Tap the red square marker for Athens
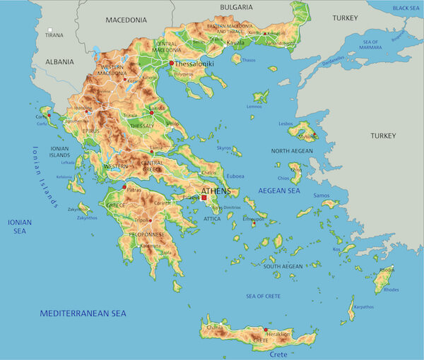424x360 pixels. (x=204, y=198)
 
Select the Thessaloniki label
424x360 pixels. (x=195, y=63)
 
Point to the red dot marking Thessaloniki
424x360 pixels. (x=172, y=63)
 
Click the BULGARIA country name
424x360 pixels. (x=236, y=7)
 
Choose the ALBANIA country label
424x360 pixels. (x=61, y=61)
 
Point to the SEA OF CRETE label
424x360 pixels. (x=264, y=295)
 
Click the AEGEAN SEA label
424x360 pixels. (x=279, y=191)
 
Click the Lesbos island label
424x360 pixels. (x=285, y=124)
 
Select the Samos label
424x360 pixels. (x=322, y=196)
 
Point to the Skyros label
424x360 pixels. (x=223, y=148)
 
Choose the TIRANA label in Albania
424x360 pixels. (x=54, y=35)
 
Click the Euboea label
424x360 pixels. (x=235, y=176)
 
